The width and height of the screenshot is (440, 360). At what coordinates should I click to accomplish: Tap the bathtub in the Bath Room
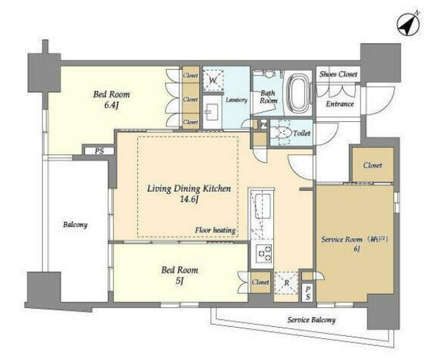tap(299, 93)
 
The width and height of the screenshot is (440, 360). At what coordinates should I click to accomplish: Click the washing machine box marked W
tap(213, 80)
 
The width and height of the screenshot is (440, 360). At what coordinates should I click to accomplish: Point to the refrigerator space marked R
tap(287, 283)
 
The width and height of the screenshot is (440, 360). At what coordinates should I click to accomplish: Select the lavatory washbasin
tap(213, 112)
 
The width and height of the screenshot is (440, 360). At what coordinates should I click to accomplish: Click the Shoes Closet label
tap(339, 74)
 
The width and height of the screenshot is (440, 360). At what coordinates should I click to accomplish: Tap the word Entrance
tap(339, 104)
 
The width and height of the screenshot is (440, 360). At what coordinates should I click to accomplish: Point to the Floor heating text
tap(215, 230)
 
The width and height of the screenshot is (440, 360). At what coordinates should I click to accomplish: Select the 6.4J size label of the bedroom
tap(112, 105)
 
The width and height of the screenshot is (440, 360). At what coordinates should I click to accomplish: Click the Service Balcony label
tap(311, 320)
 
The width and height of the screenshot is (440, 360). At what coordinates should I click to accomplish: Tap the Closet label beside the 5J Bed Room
tap(260, 282)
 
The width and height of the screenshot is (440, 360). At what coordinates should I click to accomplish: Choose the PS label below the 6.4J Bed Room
tap(99, 151)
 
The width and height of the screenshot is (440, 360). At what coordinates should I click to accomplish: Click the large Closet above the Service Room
tap(372, 165)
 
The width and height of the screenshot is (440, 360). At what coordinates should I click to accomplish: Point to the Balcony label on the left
tap(75, 225)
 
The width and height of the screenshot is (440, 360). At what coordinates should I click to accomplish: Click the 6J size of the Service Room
tap(356, 249)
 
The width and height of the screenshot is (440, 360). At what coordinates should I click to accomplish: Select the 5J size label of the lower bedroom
tap(180, 280)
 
